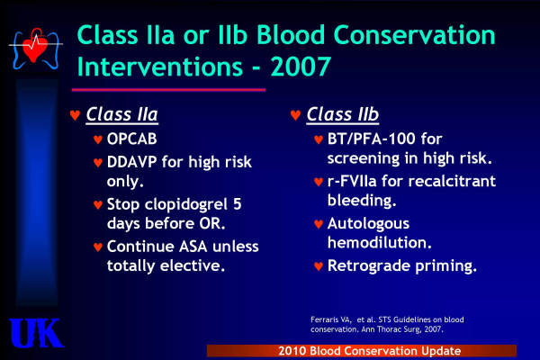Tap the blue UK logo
(36, 333)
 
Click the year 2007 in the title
(301, 67)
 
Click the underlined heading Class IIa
(121, 114)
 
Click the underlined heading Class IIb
(343, 114)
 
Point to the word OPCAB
(132, 139)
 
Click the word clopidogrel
(186, 205)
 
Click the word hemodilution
(380, 242)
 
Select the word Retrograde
(369, 266)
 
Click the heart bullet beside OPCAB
(98, 139)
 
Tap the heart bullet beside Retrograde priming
(319, 266)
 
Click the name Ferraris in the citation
(322, 319)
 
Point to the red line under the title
(168, 90)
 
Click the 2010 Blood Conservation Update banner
(362, 351)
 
